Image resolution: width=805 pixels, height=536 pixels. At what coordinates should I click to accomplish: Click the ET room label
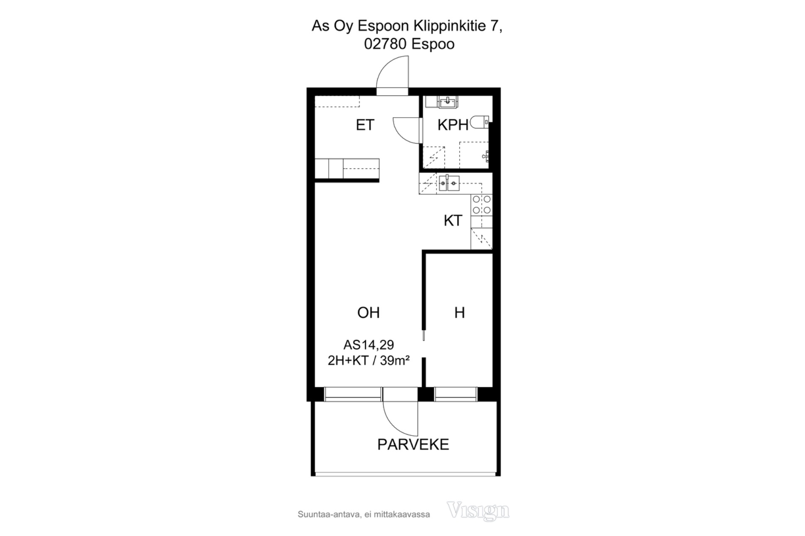pos(365,125)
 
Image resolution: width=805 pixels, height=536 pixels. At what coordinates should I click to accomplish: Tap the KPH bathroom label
pos(453,125)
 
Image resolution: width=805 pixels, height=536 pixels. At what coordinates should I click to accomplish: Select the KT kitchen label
pos(453,220)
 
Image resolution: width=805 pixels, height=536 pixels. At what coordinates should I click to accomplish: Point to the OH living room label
pos(368,312)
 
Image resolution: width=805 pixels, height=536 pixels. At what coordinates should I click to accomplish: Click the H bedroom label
pos(460,312)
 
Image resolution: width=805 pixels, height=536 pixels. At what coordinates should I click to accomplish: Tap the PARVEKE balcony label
pos(413,444)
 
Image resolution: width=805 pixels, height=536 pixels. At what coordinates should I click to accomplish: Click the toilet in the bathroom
pos(480,122)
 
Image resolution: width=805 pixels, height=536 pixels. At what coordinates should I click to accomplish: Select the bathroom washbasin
pos(448,101)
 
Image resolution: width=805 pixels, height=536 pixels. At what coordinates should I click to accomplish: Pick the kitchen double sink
pos(449,183)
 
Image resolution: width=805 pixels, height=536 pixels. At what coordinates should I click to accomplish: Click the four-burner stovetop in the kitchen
pos(482,205)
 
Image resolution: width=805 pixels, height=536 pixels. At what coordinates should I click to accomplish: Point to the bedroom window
pos(456,394)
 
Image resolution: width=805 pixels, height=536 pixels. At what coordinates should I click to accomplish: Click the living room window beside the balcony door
pos(353,394)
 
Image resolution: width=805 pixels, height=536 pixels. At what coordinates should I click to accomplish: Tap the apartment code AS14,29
pos(369,345)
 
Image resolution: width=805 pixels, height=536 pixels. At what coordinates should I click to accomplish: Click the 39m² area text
pos(395,360)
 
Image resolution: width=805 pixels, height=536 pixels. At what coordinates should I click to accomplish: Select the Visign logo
pos(478,510)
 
